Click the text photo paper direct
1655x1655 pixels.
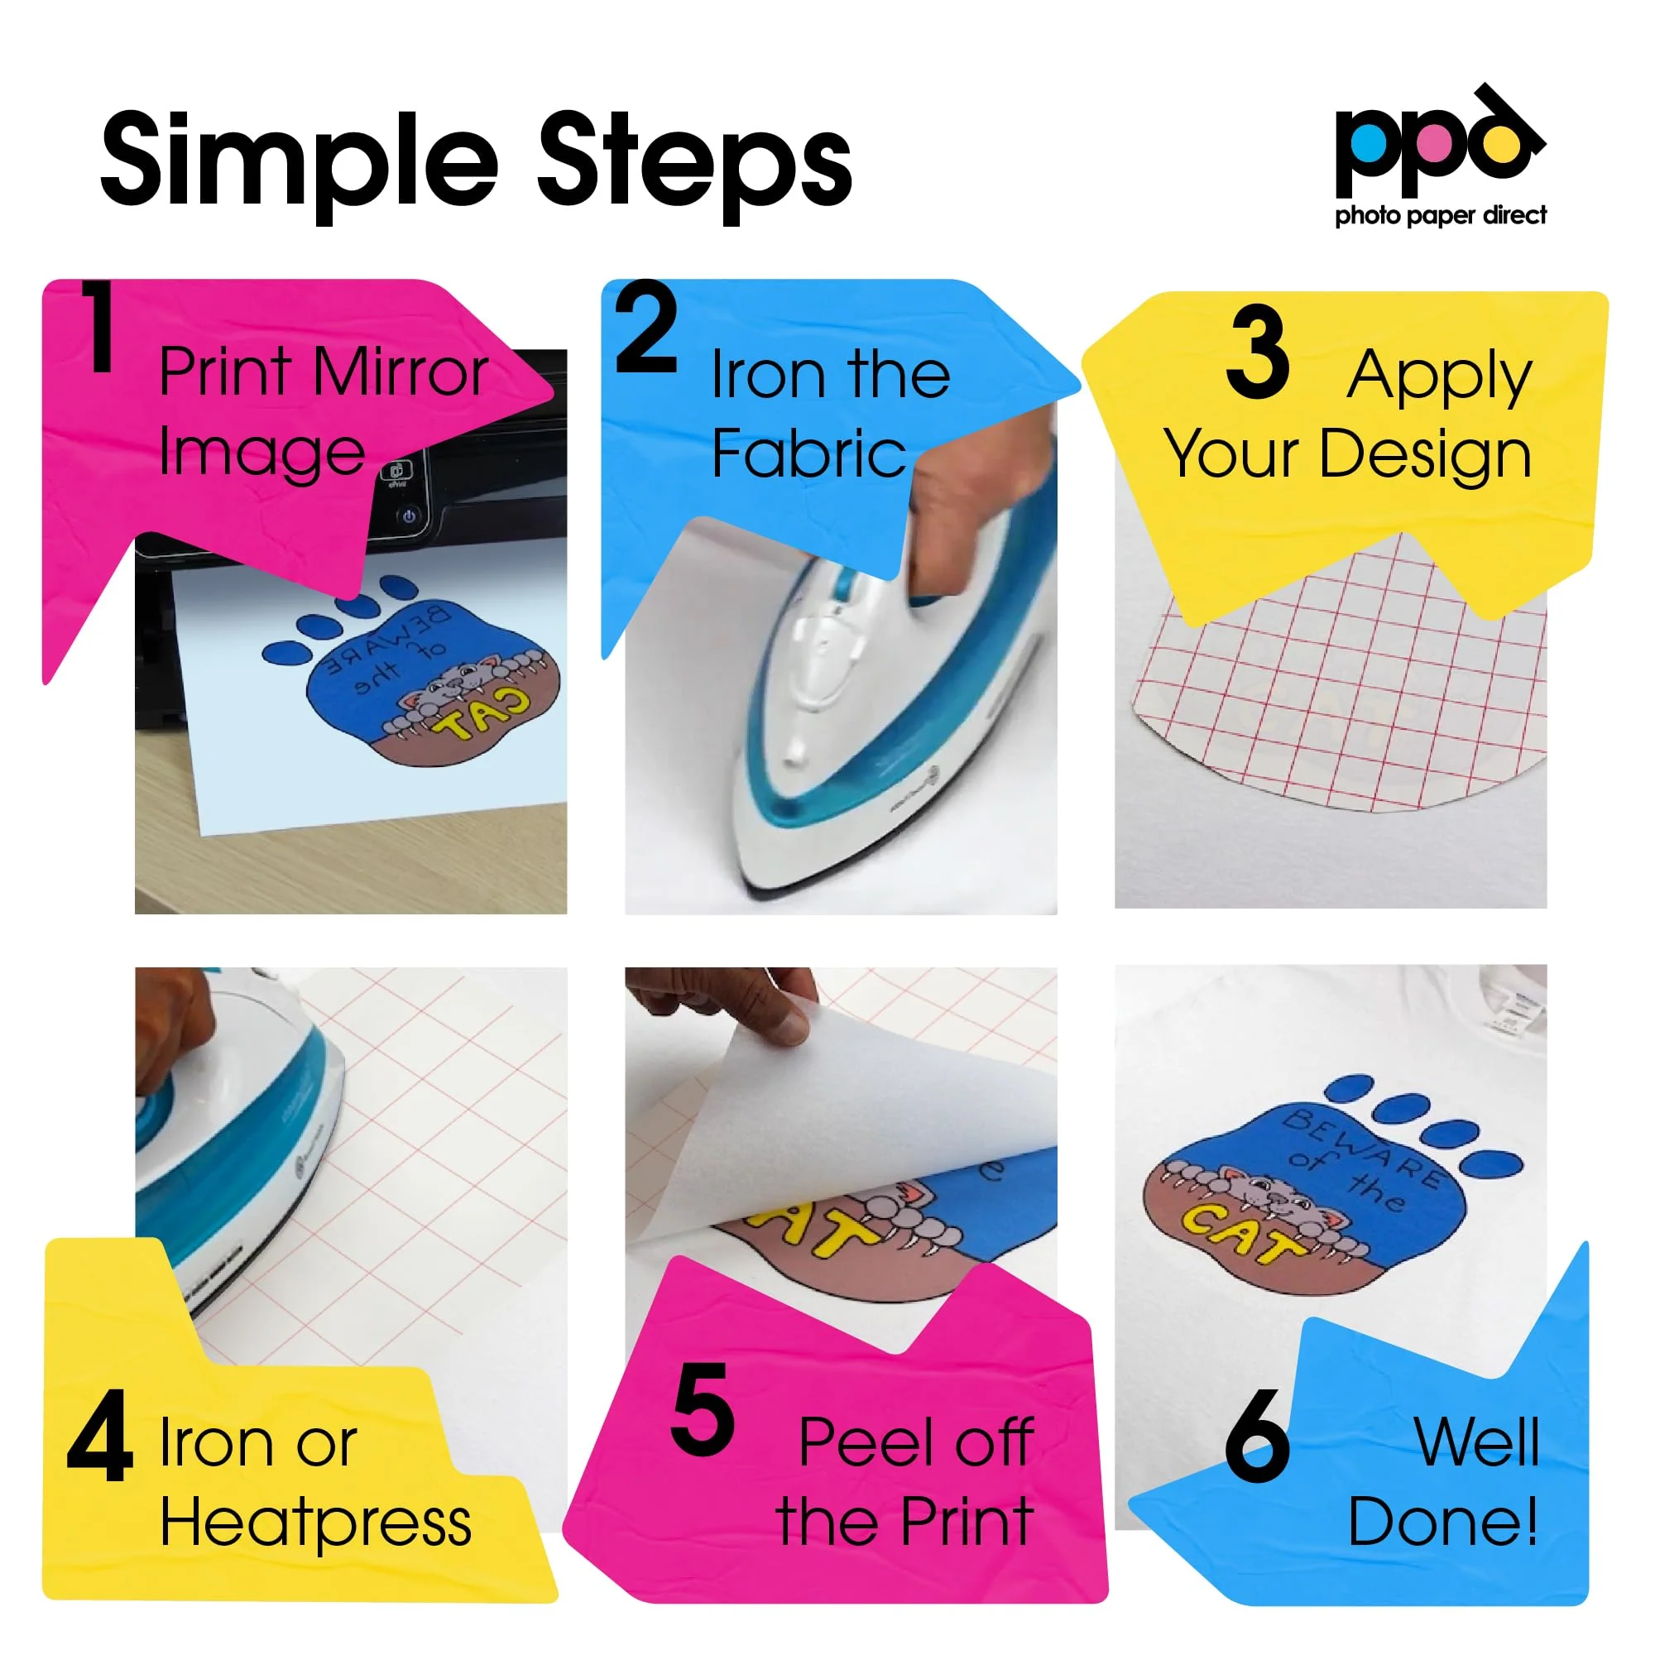(1441, 215)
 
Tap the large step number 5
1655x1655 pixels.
(703, 1410)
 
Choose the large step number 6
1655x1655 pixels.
(1257, 1437)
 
